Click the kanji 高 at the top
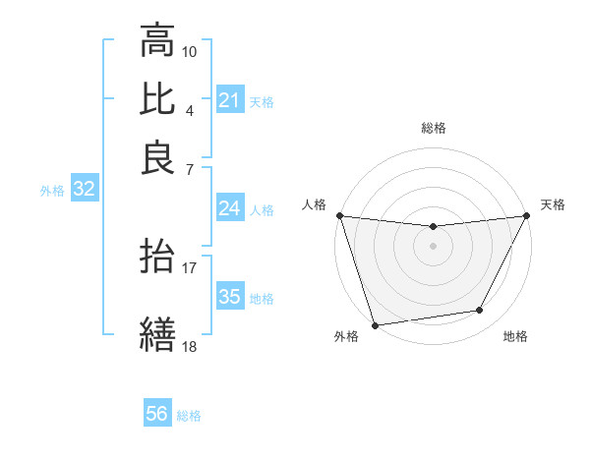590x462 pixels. pos(157,42)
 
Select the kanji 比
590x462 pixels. pos(157,99)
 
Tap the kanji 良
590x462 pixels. pos(157,157)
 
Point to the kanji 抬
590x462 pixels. pos(157,258)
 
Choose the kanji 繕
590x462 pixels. pos(157,333)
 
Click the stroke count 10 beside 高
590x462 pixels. pos(190,51)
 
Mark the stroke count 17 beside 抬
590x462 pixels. pos(190,266)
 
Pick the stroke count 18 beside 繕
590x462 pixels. pos(190,345)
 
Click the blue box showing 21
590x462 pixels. pos(230,100)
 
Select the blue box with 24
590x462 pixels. pos(230,208)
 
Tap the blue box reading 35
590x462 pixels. pos(230,297)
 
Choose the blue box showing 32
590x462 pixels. pos(84,190)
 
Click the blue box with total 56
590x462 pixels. pos(157,414)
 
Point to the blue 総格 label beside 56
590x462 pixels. pos(189,416)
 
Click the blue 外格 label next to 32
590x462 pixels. pos(52,191)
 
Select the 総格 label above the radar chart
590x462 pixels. pos(433,128)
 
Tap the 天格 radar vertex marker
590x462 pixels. pos(527,216)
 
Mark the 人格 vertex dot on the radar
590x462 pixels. pos(339,215)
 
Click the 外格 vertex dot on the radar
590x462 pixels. pos(375,324)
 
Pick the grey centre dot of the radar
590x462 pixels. pos(433,246)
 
